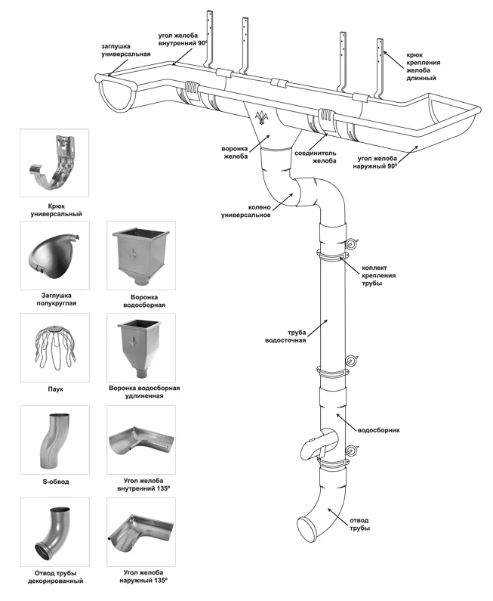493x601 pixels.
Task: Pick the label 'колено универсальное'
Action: click(x=245, y=210)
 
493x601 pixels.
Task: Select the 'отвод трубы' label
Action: click(x=359, y=523)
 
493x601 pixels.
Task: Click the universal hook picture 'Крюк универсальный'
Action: click(x=54, y=163)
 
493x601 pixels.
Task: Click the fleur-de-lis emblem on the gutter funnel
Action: click(x=263, y=119)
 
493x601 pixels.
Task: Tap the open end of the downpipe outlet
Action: click(x=308, y=527)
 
